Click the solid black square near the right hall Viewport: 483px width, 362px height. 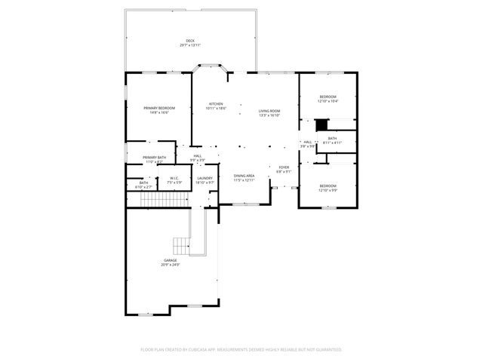321,125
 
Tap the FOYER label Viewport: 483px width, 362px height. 284,168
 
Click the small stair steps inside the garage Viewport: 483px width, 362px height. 182,246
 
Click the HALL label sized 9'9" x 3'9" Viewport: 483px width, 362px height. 197,158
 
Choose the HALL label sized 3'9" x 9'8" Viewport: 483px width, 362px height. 307,143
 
